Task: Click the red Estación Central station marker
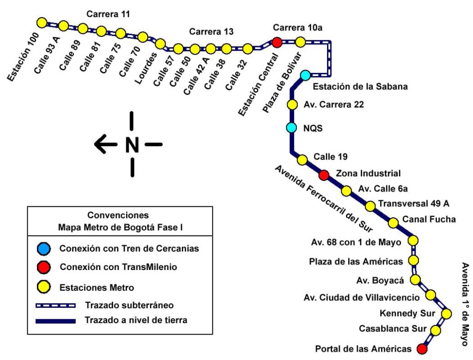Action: pyautogui.click(x=277, y=42)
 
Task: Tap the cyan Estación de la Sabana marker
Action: pyautogui.click(x=305, y=75)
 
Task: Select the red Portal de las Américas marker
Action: pyautogui.click(x=422, y=348)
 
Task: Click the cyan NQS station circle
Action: pyautogui.click(x=291, y=127)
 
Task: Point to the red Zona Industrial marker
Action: pyautogui.click(x=324, y=175)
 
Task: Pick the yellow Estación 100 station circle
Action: pyautogui.click(x=42, y=22)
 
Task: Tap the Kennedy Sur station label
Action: pyautogui.click(x=407, y=314)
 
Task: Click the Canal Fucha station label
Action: pyautogui.click(x=429, y=219)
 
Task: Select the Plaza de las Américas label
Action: pyautogui.click(x=356, y=262)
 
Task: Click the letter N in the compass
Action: pyautogui.click(x=132, y=145)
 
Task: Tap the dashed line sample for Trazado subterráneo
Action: pyautogui.click(x=56, y=305)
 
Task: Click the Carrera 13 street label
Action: pyautogui.click(x=211, y=32)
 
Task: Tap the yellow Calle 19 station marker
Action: pyautogui.click(x=302, y=160)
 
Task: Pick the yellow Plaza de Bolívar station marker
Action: pyautogui.click(x=300, y=42)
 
